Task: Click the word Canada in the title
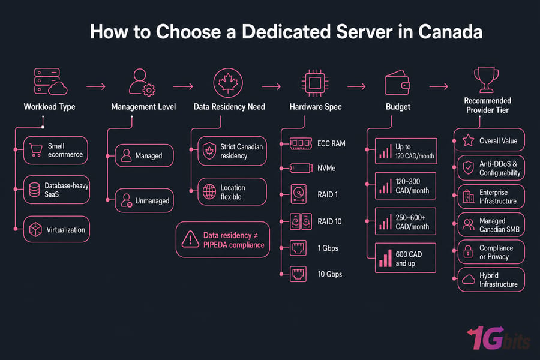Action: [x=450, y=32]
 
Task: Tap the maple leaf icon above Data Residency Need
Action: [x=228, y=83]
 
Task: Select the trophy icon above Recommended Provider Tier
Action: [x=486, y=80]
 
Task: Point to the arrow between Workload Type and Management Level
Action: [x=96, y=86]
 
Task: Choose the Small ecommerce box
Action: [x=55, y=150]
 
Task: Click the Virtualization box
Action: [x=56, y=229]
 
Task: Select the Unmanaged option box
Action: [x=144, y=200]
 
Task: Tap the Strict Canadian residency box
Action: [x=232, y=151]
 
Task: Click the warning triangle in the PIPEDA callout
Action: [x=190, y=239]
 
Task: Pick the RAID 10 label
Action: [x=329, y=221]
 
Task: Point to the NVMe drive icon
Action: [x=301, y=168]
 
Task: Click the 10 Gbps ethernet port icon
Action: [x=298, y=274]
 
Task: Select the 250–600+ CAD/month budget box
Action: [x=406, y=221]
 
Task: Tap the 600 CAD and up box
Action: [x=406, y=258]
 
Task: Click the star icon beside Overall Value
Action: [x=469, y=140]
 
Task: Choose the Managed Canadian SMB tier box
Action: [x=491, y=224]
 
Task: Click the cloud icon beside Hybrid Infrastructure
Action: [x=469, y=280]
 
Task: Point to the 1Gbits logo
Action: [x=499, y=338]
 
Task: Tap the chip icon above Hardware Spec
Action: [x=315, y=83]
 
